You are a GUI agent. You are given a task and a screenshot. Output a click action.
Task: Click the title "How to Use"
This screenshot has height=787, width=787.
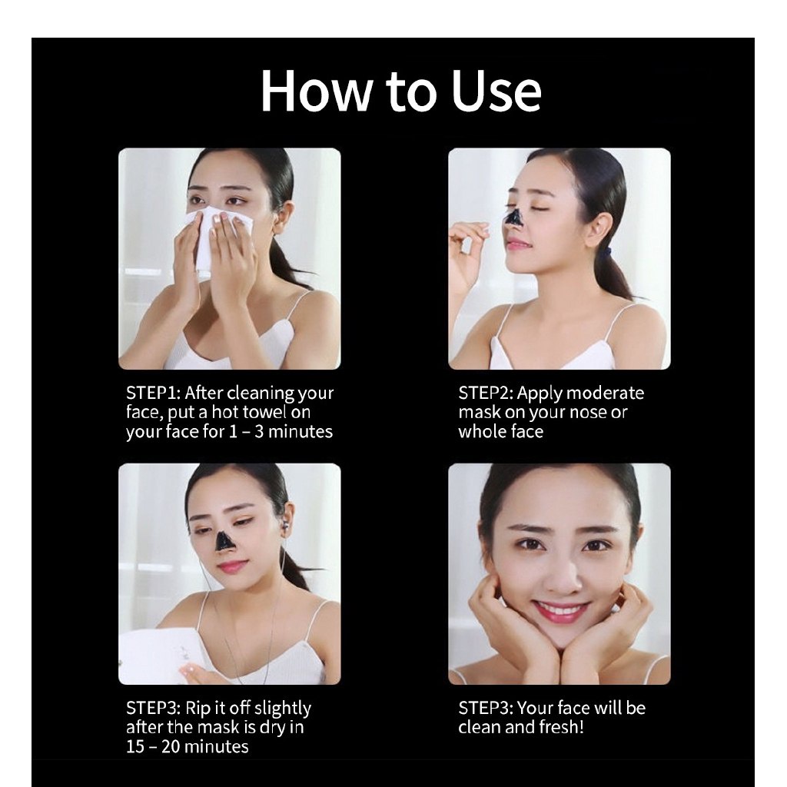pos(400,91)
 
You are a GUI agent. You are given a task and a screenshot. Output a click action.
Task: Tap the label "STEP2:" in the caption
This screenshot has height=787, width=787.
pos(486,393)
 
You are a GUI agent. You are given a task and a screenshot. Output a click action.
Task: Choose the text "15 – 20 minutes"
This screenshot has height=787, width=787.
pos(188,746)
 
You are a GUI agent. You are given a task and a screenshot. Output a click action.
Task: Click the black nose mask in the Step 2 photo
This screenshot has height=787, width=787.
pos(513,218)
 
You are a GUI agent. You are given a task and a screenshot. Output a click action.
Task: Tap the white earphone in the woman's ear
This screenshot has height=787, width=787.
pos(287,526)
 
